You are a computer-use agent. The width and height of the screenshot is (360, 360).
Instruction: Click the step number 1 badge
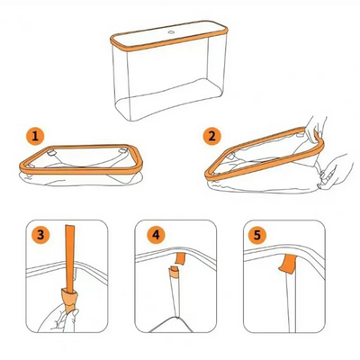35,137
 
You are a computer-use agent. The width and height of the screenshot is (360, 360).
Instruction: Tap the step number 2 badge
212,137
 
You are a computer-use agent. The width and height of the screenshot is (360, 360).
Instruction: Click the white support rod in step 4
169,301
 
